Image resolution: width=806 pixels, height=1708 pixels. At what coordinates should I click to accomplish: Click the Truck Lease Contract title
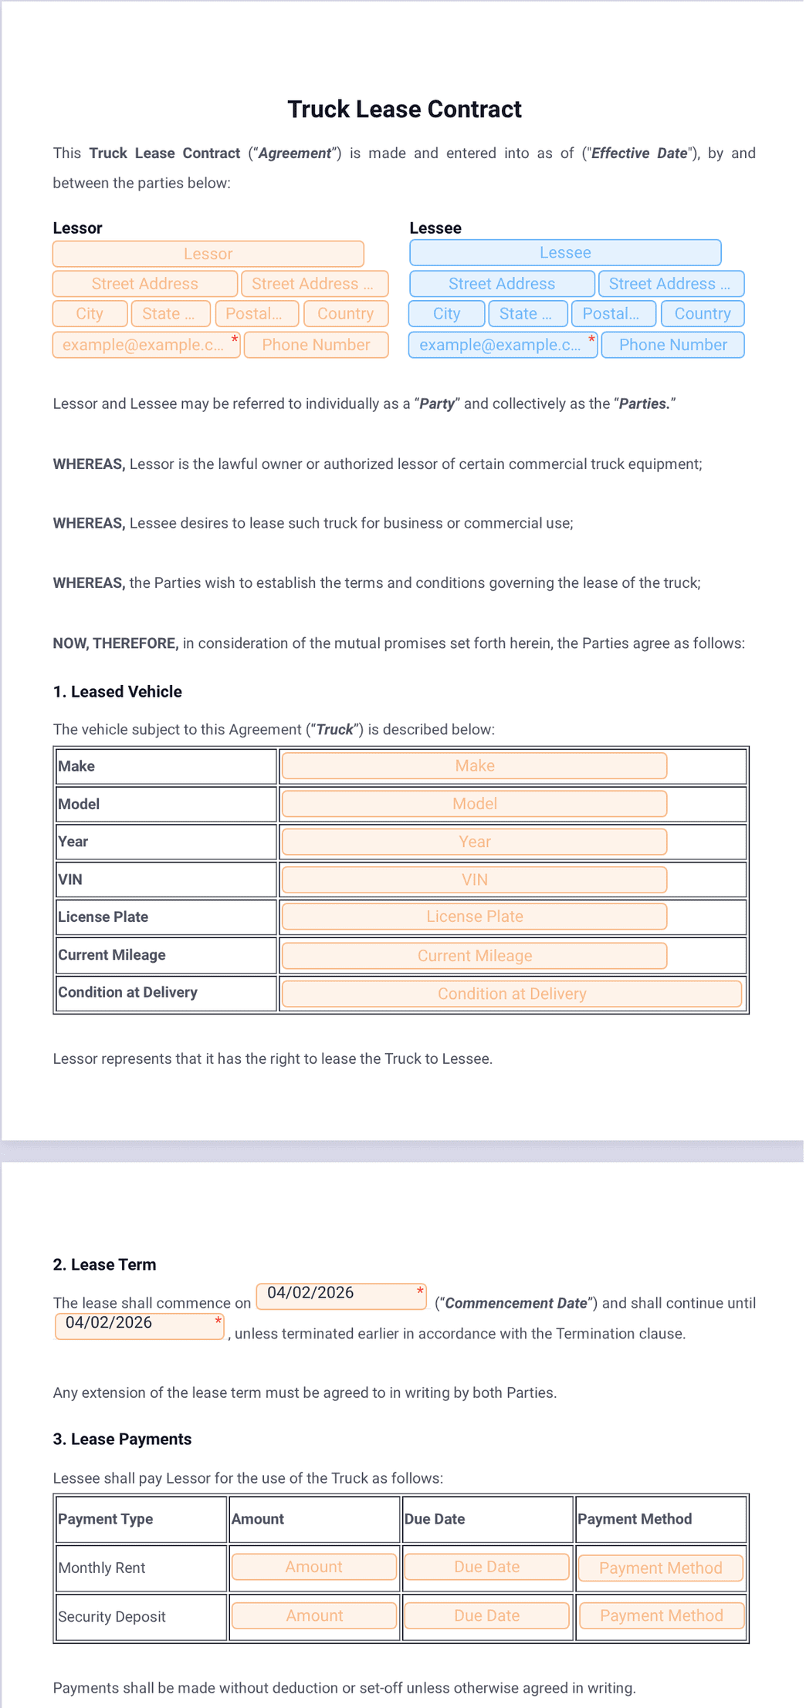click(404, 110)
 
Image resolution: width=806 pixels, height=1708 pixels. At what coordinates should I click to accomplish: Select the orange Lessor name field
click(208, 254)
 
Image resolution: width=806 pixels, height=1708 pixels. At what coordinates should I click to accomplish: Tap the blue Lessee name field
click(565, 253)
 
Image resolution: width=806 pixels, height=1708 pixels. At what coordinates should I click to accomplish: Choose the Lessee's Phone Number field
click(672, 345)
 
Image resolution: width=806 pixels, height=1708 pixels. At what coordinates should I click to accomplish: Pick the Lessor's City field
click(90, 314)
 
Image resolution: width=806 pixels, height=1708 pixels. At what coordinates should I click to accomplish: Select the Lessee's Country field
click(702, 314)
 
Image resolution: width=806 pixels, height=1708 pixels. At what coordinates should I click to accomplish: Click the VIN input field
click(474, 879)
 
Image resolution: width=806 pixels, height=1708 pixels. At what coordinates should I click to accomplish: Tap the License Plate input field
click(474, 916)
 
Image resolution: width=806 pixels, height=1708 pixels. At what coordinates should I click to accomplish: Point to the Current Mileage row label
click(112, 955)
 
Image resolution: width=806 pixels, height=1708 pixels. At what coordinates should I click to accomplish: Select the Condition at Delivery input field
click(511, 994)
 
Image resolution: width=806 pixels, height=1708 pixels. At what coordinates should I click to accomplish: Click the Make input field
click(474, 766)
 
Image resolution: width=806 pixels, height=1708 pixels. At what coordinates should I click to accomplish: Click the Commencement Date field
click(340, 1296)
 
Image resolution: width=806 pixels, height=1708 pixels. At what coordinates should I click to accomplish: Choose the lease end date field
click(139, 1326)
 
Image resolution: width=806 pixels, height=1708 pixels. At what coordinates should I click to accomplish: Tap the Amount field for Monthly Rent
click(313, 1567)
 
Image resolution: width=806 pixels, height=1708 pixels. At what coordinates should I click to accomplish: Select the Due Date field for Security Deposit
click(486, 1615)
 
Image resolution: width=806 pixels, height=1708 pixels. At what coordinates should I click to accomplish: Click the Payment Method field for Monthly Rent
click(660, 1568)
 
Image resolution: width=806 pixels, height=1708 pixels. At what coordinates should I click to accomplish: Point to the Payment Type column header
click(106, 1519)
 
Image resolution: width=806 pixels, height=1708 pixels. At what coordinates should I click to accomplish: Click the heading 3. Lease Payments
click(122, 1439)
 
